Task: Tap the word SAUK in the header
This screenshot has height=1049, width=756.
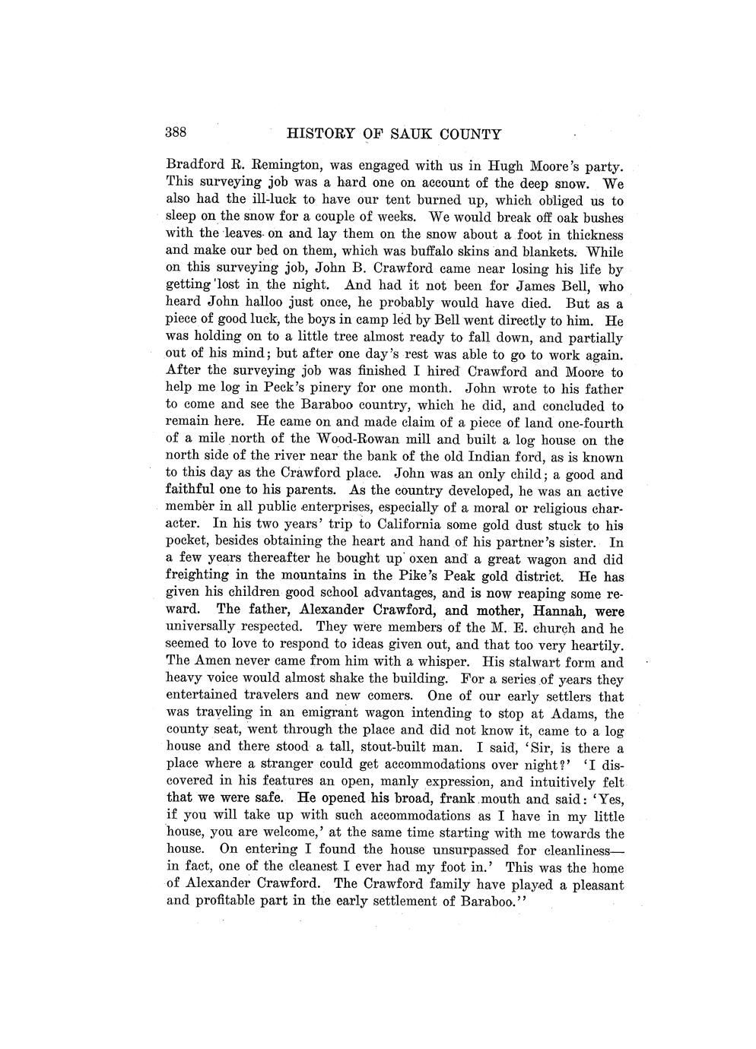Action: pyautogui.click(x=414, y=135)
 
